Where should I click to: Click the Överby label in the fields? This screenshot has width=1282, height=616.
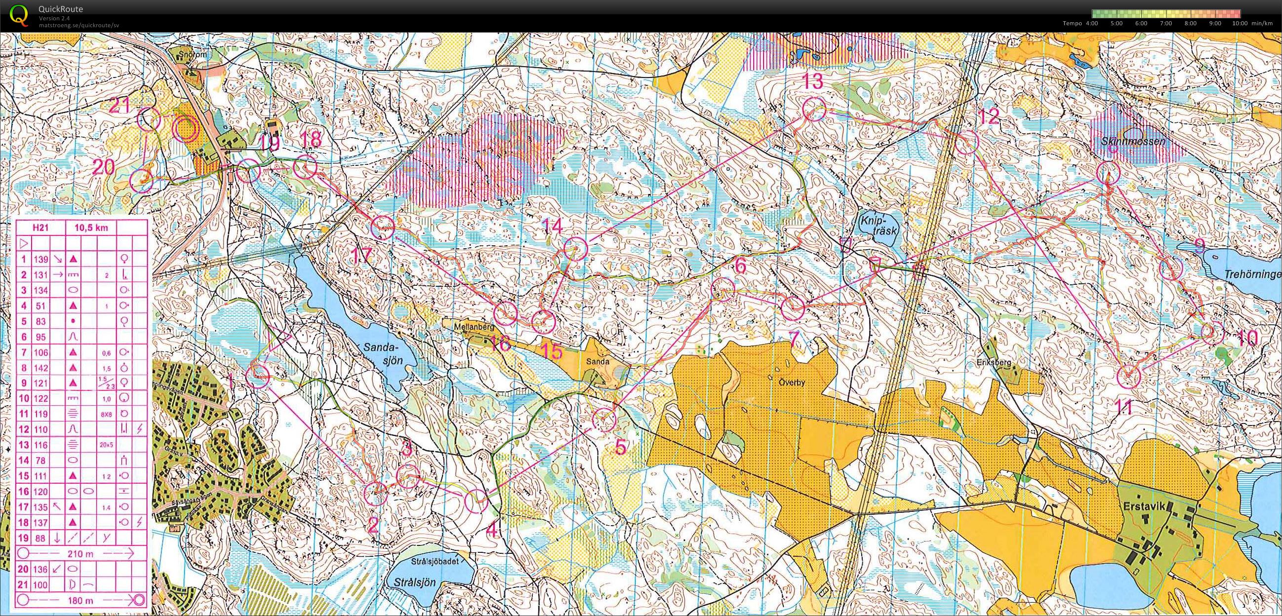[792, 384]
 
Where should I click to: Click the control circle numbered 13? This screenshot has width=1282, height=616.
[814, 109]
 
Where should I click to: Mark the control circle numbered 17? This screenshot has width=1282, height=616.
[383, 228]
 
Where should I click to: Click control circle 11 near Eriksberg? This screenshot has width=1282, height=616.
[1128, 377]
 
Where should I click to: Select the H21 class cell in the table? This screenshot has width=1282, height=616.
[40, 228]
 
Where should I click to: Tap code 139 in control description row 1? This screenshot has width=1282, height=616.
[41, 259]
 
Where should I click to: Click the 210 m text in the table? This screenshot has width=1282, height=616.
[80, 553]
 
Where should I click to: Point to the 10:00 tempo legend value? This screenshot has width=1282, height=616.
[1240, 23]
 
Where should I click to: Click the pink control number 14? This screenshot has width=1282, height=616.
[552, 227]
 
